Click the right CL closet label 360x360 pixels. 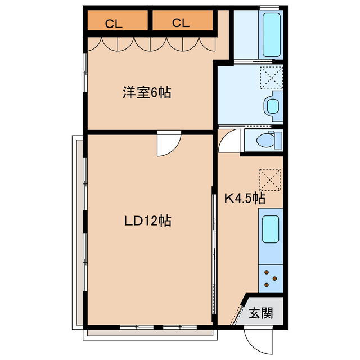coord(180,23)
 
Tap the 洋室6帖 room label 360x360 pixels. coord(147,92)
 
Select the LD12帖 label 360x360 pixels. coord(148,221)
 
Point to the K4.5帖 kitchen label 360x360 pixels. coord(245,198)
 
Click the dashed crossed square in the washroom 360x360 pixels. coord(271,76)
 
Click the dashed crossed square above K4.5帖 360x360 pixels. coord(270,179)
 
